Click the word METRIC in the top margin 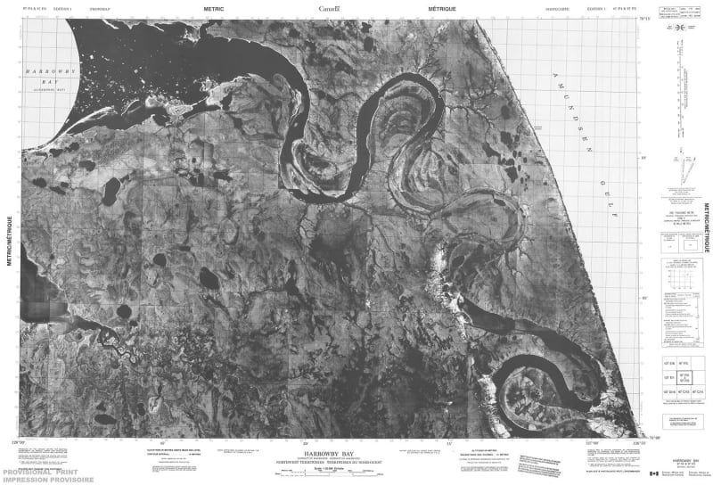pyautogui.click(x=215, y=8)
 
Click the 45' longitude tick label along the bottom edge pyautogui.click(x=162, y=440)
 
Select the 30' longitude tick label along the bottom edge pyautogui.click(x=306, y=440)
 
